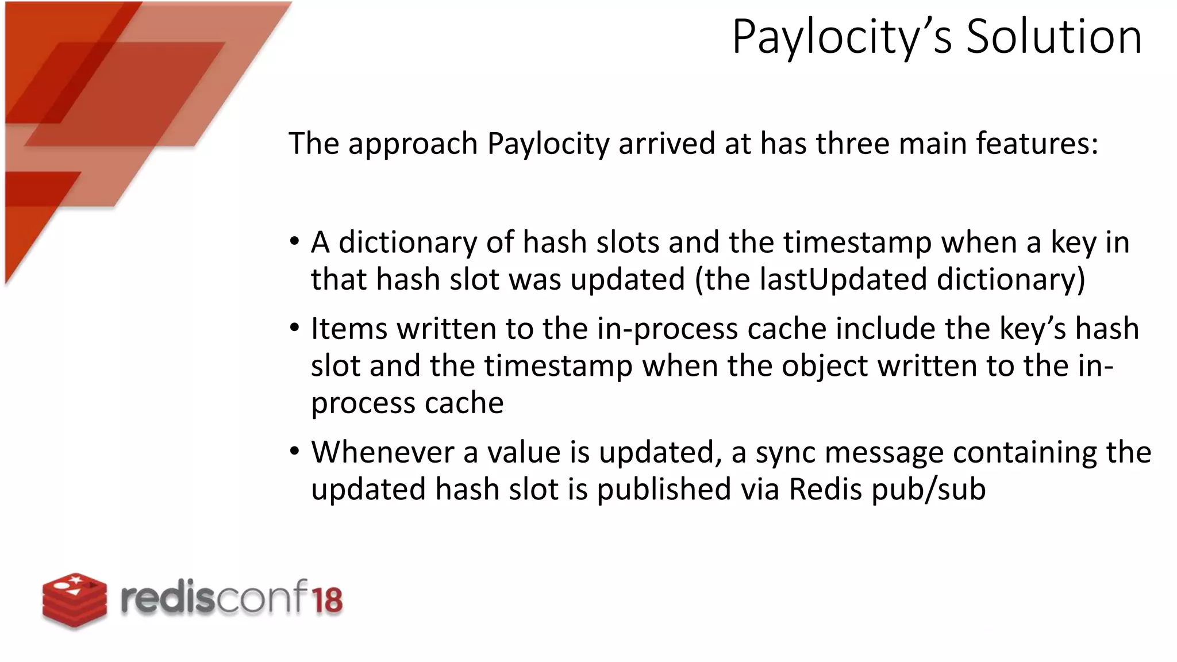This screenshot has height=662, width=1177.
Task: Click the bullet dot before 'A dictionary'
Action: (x=295, y=242)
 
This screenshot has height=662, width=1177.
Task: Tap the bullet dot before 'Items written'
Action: (x=295, y=329)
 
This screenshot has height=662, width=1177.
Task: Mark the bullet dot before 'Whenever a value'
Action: (x=295, y=452)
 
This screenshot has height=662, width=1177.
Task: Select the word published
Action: (x=663, y=490)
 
